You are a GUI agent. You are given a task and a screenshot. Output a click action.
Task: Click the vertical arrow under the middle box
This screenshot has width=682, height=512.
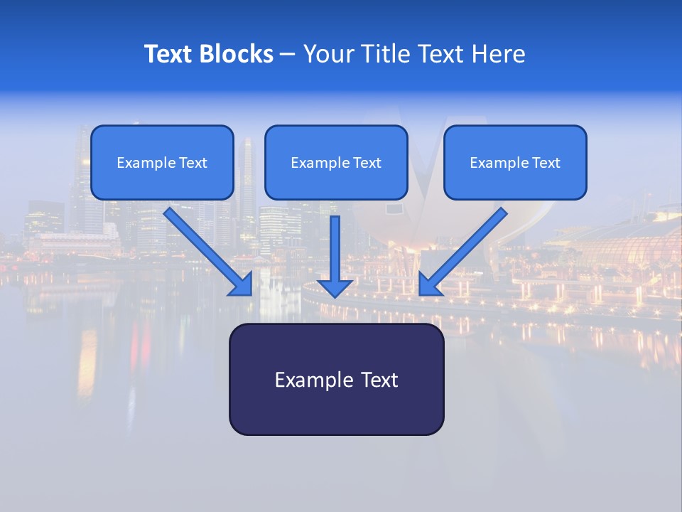point(335,249)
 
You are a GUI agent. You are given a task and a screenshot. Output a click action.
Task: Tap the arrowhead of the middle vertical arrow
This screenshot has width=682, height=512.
point(335,288)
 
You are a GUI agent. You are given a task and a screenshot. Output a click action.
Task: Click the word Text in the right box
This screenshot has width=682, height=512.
point(546,163)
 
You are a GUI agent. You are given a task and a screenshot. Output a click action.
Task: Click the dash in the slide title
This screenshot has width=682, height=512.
point(288,54)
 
